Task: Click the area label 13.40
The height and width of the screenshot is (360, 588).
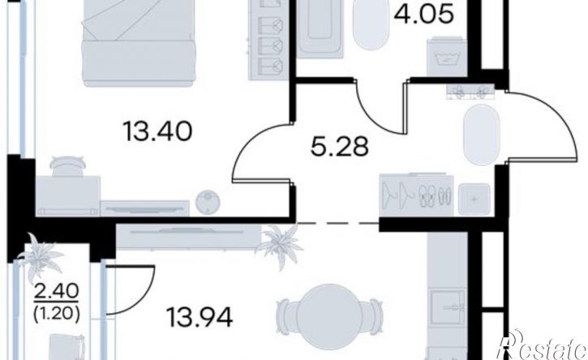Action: (x=158, y=132)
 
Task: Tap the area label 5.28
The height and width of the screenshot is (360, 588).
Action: (x=340, y=147)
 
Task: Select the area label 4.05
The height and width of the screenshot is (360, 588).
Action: (x=424, y=15)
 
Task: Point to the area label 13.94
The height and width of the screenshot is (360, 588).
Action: (x=200, y=317)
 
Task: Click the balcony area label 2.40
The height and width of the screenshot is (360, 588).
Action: (x=56, y=291)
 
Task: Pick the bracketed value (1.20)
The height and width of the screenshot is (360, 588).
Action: (x=56, y=315)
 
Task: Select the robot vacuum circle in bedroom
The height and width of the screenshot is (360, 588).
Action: (x=208, y=203)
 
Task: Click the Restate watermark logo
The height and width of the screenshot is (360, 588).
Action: (x=542, y=345)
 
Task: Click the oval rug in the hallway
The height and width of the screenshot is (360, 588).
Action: (x=482, y=135)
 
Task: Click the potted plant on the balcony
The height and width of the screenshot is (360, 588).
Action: (x=40, y=256)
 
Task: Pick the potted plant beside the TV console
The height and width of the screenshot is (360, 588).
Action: (x=280, y=246)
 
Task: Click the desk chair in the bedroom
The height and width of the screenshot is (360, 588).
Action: (x=67, y=166)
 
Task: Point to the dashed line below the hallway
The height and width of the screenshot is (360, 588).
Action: (x=337, y=223)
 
